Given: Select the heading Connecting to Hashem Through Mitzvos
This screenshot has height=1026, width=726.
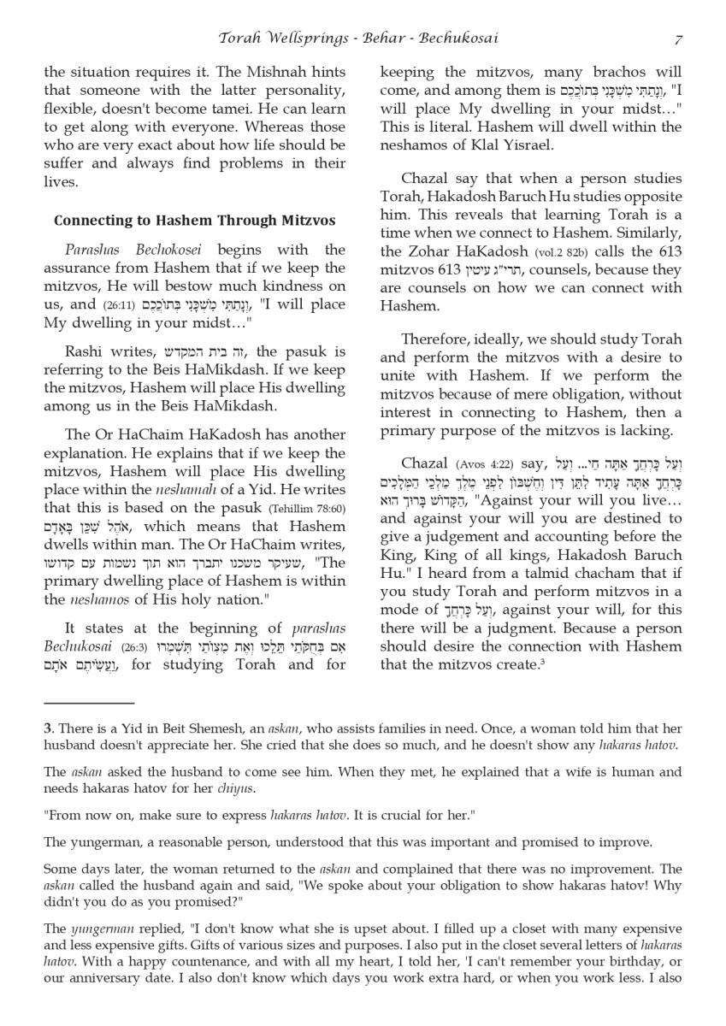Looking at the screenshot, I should pos(195,221).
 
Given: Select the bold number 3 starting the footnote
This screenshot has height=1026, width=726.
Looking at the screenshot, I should pos(48,728).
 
